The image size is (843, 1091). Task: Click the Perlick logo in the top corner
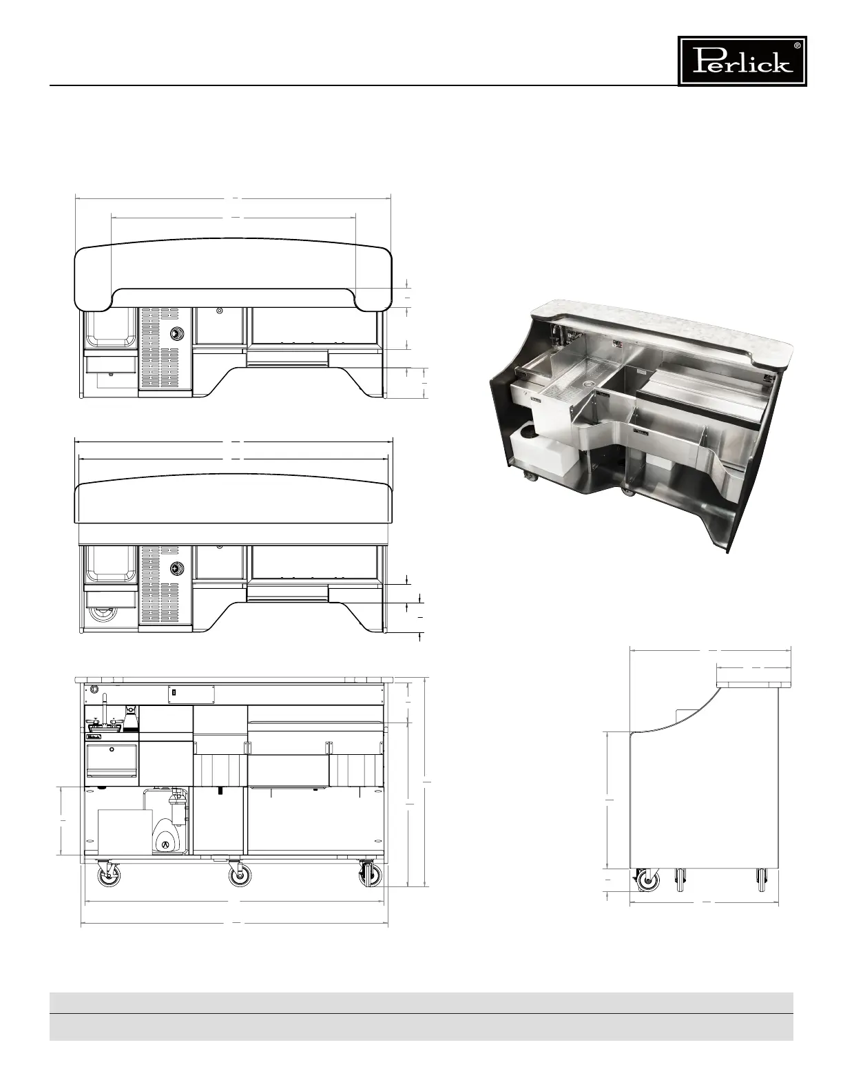click(742, 61)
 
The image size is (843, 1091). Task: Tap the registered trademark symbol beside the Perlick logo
click(797, 45)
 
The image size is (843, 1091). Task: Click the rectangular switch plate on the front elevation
click(191, 694)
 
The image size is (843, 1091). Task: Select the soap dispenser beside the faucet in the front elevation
click(131, 716)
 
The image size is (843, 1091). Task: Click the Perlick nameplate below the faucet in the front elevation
click(94, 736)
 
